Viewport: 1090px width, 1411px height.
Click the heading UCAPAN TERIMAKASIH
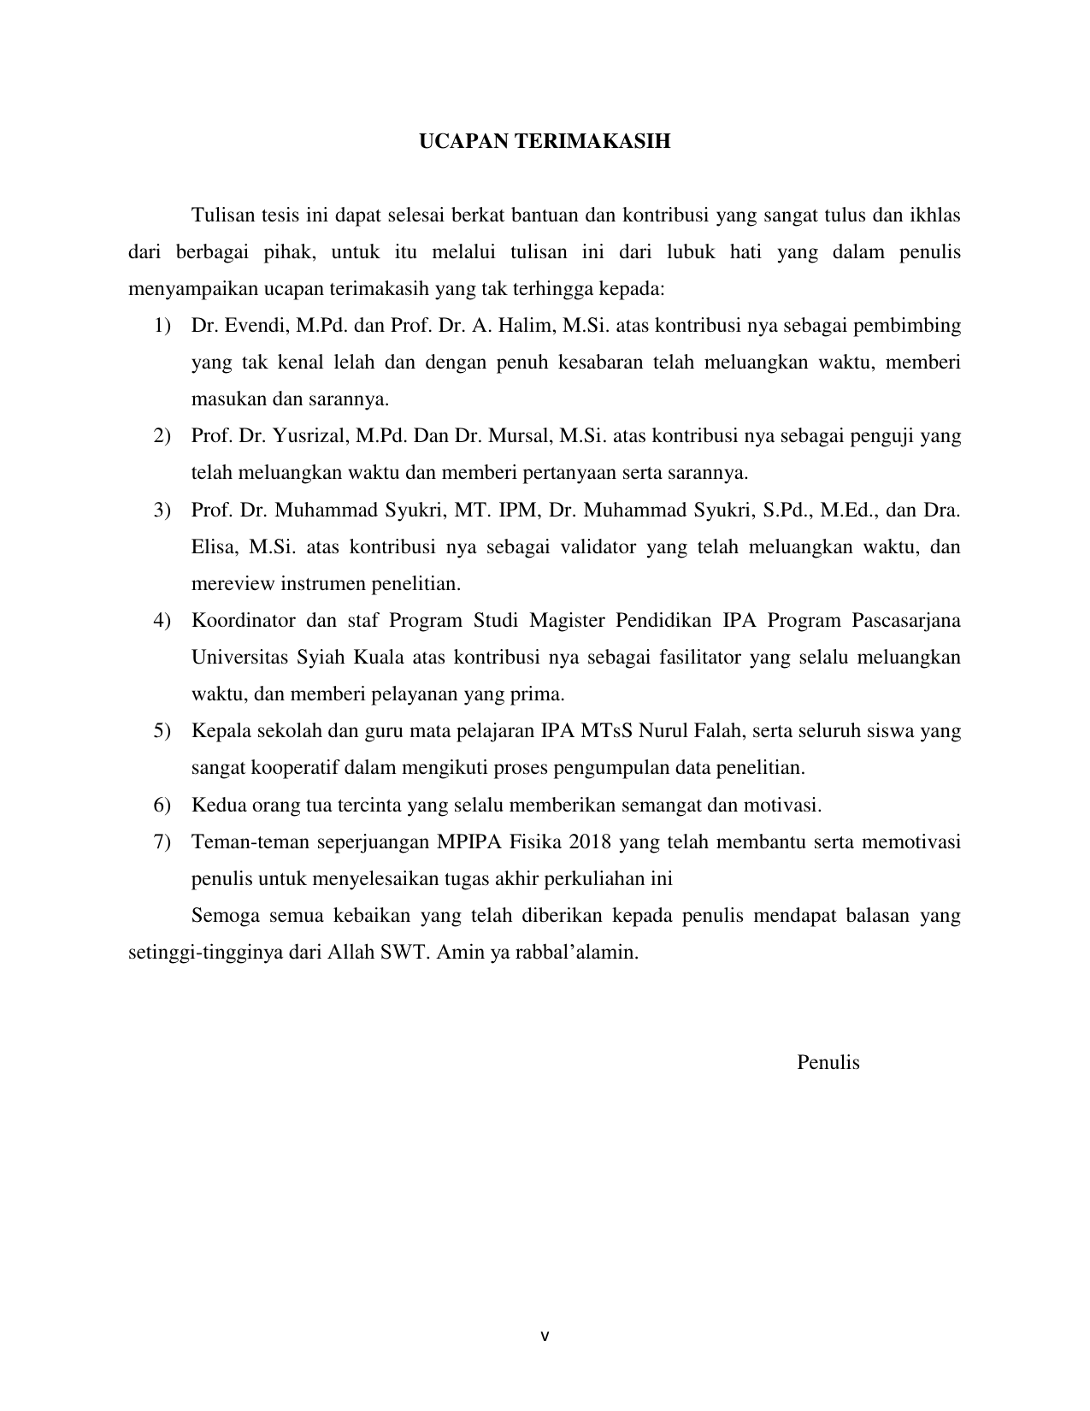pos(544,142)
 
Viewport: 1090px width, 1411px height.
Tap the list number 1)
pos(162,326)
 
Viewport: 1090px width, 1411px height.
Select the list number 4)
pos(162,620)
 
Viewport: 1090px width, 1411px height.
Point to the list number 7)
pos(162,842)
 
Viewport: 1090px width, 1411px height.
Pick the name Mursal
pos(521,436)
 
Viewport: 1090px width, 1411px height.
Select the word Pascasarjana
pos(906,620)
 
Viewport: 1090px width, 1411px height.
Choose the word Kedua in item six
pos(216,805)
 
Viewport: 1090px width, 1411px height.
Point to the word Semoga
pos(224,916)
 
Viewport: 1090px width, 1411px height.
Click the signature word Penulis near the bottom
pos(828,1062)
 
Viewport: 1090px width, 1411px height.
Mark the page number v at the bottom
pos(545,1336)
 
